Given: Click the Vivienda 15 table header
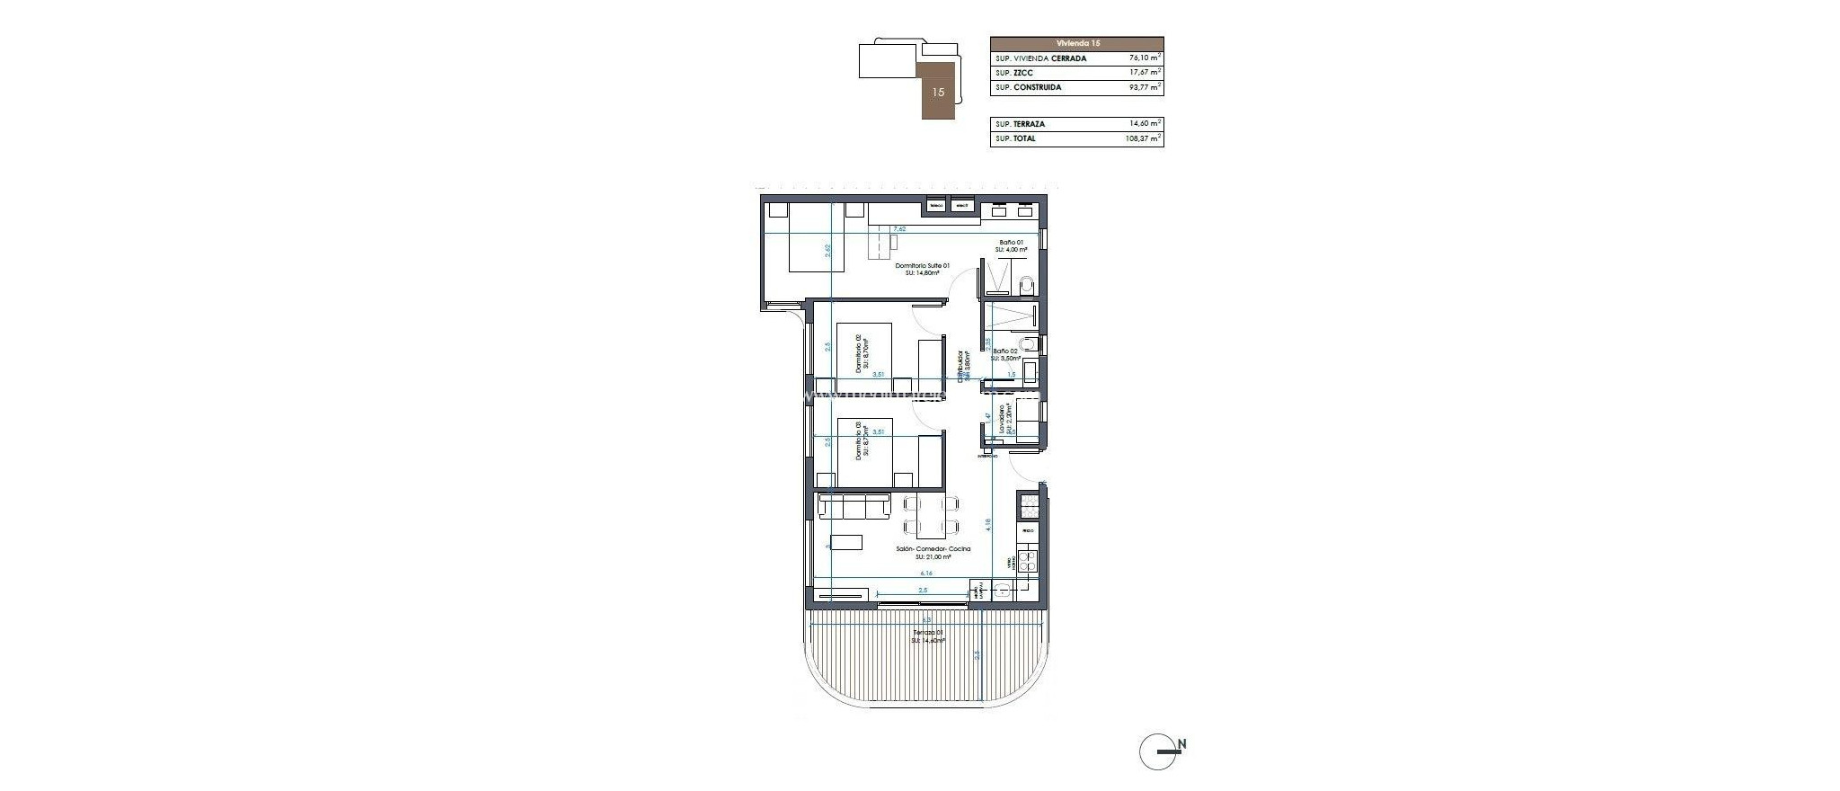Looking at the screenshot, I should click(x=1076, y=43).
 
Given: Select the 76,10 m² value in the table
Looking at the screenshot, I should click(x=1145, y=58).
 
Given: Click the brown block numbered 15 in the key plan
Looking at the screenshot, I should click(x=938, y=92).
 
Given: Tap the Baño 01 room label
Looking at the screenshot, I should click(x=1011, y=243).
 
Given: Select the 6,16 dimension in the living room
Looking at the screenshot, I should click(x=924, y=573).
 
